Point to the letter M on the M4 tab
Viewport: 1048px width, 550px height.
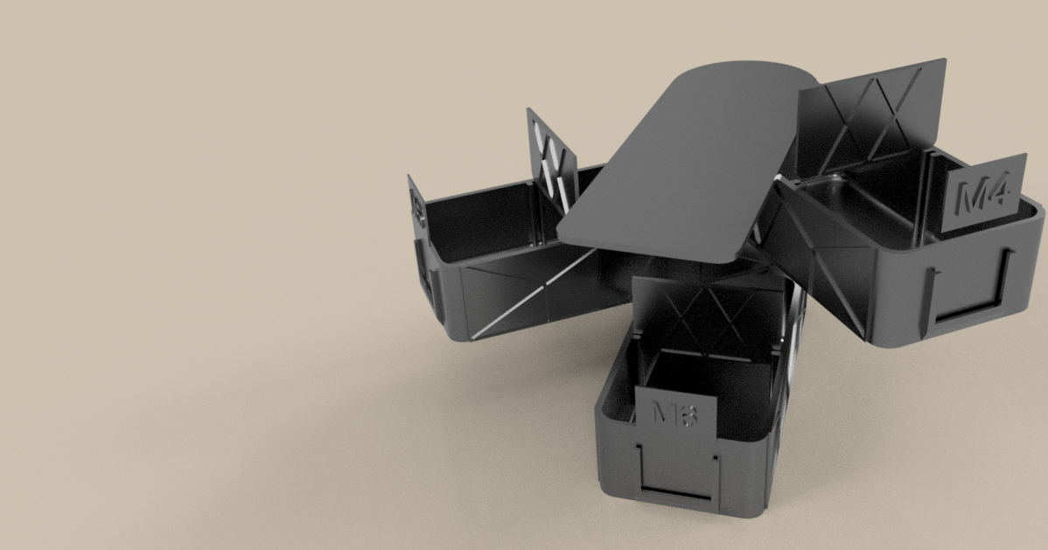click(x=969, y=198)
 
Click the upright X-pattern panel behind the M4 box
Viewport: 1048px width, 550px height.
click(x=875, y=114)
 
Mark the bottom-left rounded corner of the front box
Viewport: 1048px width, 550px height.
click(x=607, y=485)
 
